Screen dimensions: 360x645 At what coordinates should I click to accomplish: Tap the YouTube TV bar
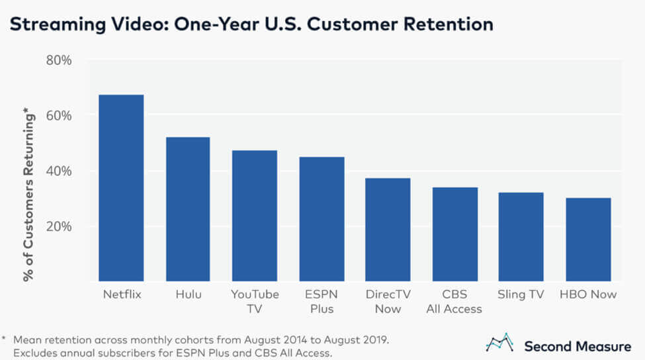point(255,215)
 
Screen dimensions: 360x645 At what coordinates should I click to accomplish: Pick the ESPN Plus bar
point(322,218)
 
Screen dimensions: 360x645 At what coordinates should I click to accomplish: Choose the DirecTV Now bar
point(388,229)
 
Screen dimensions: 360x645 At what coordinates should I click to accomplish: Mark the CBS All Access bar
point(454,234)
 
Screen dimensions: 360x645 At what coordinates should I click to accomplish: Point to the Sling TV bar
point(521,236)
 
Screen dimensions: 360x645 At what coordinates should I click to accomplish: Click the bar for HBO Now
point(588,239)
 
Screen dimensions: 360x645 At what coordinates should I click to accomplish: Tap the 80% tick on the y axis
point(58,60)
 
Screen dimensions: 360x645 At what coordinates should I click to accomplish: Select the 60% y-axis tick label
point(58,115)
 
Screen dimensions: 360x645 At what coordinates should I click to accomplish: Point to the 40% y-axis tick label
point(58,171)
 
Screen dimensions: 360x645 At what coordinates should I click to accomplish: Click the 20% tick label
point(58,226)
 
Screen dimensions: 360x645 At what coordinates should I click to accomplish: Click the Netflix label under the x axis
point(121,294)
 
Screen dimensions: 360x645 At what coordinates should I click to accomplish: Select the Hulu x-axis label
point(188,294)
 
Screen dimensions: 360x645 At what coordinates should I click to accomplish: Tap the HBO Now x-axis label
point(588,294)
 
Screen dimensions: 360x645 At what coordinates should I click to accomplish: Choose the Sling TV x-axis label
point(521,294)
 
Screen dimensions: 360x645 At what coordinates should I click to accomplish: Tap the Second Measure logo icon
point(500,343)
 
